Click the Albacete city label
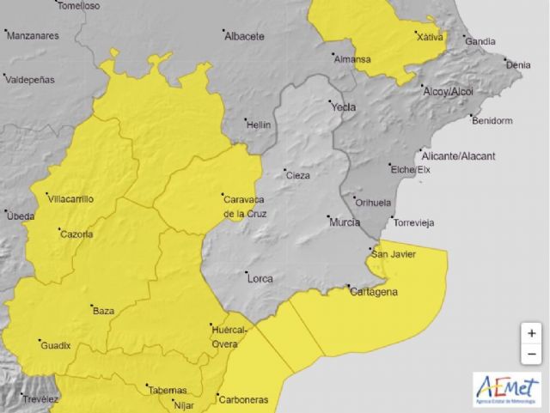[244, 37]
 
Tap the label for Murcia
[345, 222]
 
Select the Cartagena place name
[375, 292]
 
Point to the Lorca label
[260, 278]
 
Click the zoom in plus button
[532, 333]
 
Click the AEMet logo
[506, 389]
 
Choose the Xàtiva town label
[430, 37]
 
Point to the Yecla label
[343, 108]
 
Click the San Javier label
[394, 253]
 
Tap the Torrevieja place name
[413, 222]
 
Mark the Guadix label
[56, 345]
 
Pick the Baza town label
[103, 311]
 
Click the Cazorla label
[76, 234]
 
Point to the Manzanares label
[32, 36]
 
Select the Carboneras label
[243, 399]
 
